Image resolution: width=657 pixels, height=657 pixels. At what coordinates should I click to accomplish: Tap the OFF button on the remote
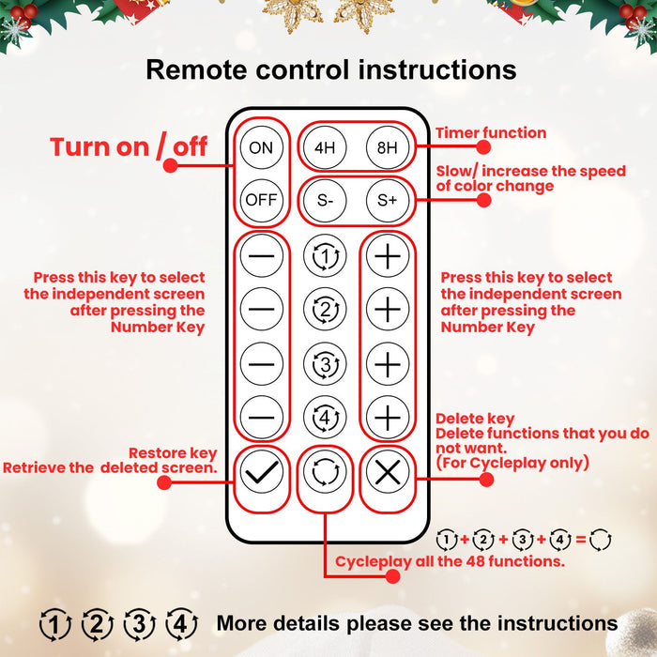(x=261, y=199)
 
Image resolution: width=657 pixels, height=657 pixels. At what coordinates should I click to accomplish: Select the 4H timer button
(x=325, y=147)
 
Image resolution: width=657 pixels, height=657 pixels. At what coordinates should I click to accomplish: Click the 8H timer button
(x=387, y=147)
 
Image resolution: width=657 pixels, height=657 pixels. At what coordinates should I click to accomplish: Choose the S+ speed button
(x=387, y=199)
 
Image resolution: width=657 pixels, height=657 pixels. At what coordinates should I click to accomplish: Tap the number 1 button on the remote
(x=325, y=255)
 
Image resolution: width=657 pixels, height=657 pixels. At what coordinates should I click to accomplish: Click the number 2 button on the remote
(x=325, y=309)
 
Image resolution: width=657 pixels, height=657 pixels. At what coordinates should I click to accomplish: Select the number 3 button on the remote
(x=325, y=363)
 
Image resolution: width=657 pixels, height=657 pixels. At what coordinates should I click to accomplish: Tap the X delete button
(x=387, y=472)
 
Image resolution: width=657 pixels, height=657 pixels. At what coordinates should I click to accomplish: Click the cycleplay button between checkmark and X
(x=325, y=472)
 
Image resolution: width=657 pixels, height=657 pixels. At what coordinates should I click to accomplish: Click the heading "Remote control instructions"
(x=331, y=69)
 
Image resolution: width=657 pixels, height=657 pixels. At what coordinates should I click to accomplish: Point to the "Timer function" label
(x=490, y=133)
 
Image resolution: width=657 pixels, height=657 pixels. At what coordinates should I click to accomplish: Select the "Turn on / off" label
(x=129, y=146)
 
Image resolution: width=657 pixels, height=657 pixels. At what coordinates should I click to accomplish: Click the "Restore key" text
(x=173, y=451)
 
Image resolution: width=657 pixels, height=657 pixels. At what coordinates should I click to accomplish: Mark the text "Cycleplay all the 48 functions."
(x=450, y=562)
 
